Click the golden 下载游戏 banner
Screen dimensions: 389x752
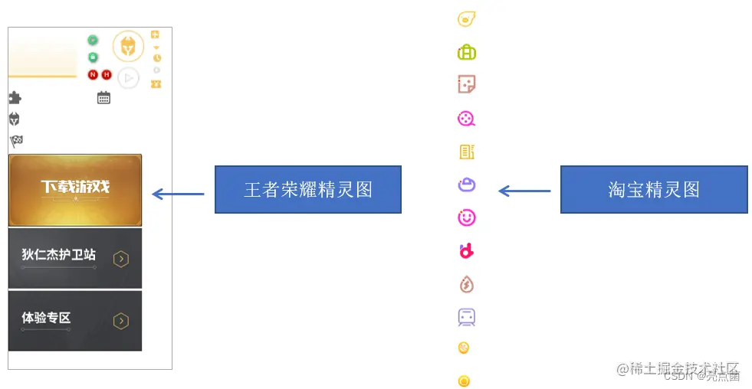75,189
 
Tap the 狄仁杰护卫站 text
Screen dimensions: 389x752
59,254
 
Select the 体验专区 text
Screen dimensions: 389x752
46,318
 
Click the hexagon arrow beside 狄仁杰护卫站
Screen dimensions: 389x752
121,259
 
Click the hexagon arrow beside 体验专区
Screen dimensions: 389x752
121,322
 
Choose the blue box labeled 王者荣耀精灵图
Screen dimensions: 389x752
307,189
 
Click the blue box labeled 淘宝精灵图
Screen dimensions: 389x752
653,189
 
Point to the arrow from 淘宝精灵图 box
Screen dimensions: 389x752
524,191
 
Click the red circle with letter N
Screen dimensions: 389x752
93,74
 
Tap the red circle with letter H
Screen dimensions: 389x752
107,74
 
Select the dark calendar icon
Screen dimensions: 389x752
103,97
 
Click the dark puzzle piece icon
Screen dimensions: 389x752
15,97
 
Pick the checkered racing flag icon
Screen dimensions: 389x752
15,141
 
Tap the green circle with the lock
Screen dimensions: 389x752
93,57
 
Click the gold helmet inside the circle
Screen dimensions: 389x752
128,46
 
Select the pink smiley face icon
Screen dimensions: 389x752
466,218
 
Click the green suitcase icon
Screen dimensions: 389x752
466,52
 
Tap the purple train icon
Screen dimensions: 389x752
466,316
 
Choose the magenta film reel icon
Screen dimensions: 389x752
466,119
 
